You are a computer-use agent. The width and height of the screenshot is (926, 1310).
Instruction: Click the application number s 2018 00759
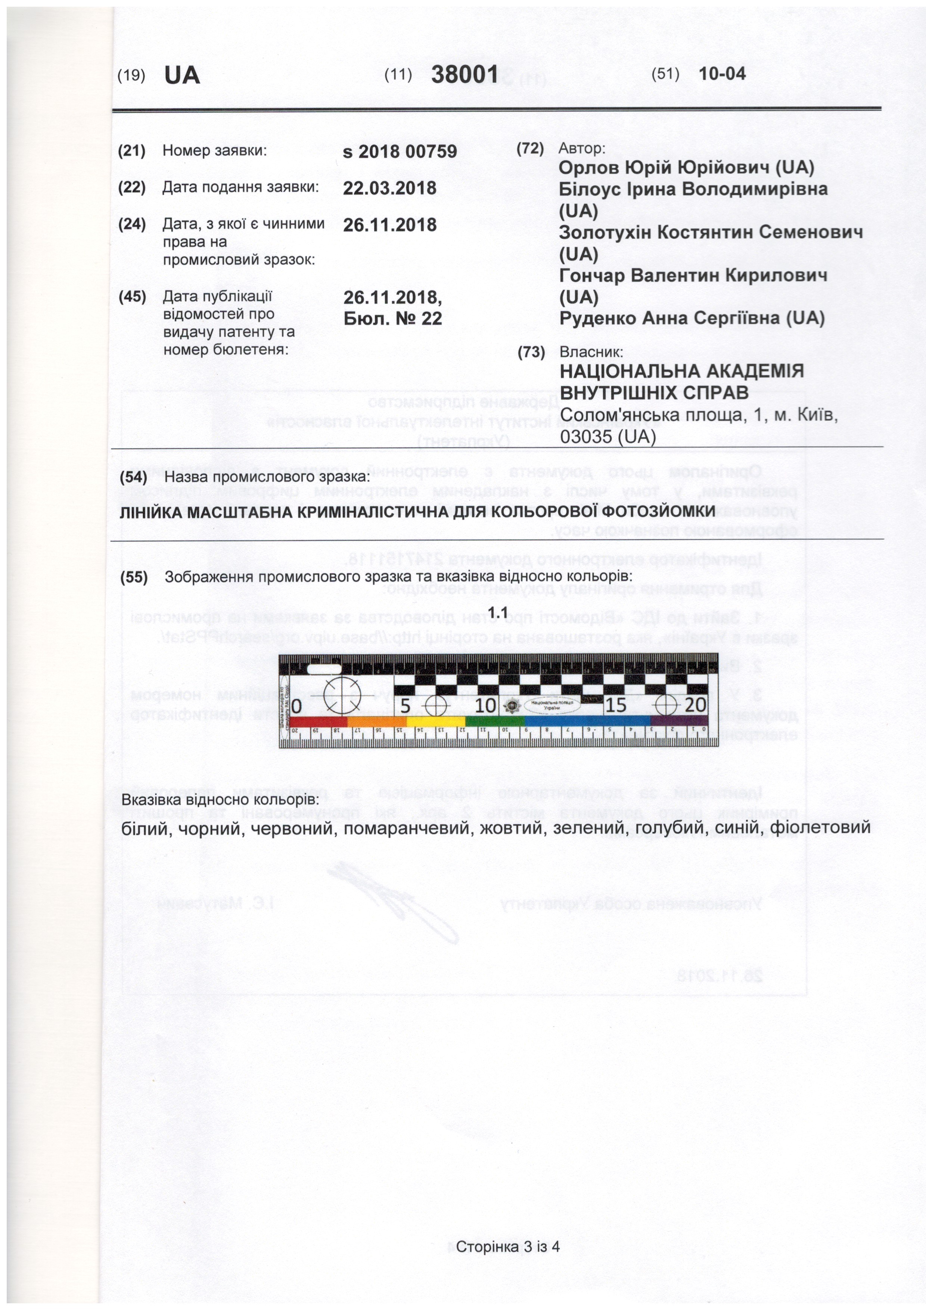tap(400, 152)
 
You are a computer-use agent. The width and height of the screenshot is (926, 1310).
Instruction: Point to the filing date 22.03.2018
tap(390, 188)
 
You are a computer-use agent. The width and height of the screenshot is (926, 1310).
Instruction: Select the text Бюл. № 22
tap(393, 319)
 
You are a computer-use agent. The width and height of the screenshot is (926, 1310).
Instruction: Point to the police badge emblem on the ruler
tap(512, 707)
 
